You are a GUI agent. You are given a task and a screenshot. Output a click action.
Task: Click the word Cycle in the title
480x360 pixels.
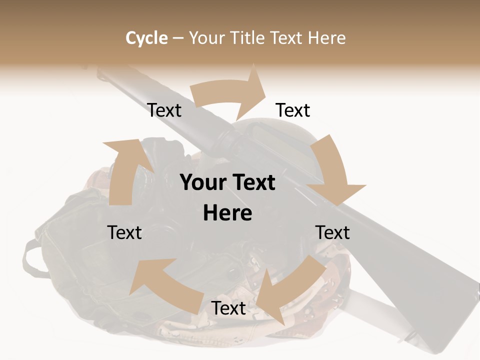(146, 38)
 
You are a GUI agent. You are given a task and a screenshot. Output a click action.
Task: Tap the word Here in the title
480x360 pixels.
(327, 38)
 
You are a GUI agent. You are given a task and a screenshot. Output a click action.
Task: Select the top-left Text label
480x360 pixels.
(164, 110)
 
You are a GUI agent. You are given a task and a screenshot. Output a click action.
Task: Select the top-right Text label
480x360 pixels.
(293, 110)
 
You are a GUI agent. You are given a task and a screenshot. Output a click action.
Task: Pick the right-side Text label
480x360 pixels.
(332, 232)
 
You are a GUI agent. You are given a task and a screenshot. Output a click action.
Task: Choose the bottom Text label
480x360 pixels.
(228, 308)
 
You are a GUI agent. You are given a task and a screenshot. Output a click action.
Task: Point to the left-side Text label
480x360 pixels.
(124, 232)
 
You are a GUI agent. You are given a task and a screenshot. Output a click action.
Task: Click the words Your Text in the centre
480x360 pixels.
(227, 182)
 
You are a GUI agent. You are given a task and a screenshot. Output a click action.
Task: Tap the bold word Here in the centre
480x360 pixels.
(227, 213)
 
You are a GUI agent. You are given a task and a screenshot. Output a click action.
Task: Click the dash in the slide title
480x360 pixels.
(178, 38)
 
